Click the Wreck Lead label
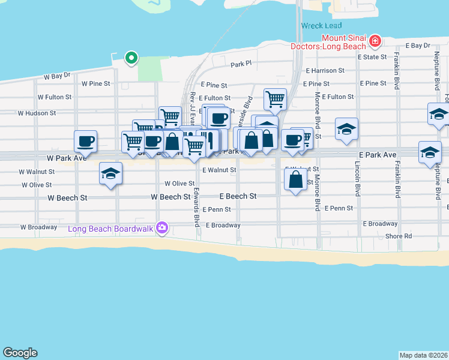coord(321,26)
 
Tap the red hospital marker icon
coord(375,41)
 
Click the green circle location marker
coord(131,58)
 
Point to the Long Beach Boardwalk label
coord(111,228)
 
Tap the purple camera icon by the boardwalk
coord(161,228)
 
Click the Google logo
coord(20,353)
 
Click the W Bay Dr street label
coord(58,76)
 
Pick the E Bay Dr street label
coord(418,46)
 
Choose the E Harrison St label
coord(325,70)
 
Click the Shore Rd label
coord(399,236)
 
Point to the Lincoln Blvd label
coord(357,179)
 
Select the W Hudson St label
coord(37,112)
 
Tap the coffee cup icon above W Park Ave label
coord(85,141)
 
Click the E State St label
coord(372,58)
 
